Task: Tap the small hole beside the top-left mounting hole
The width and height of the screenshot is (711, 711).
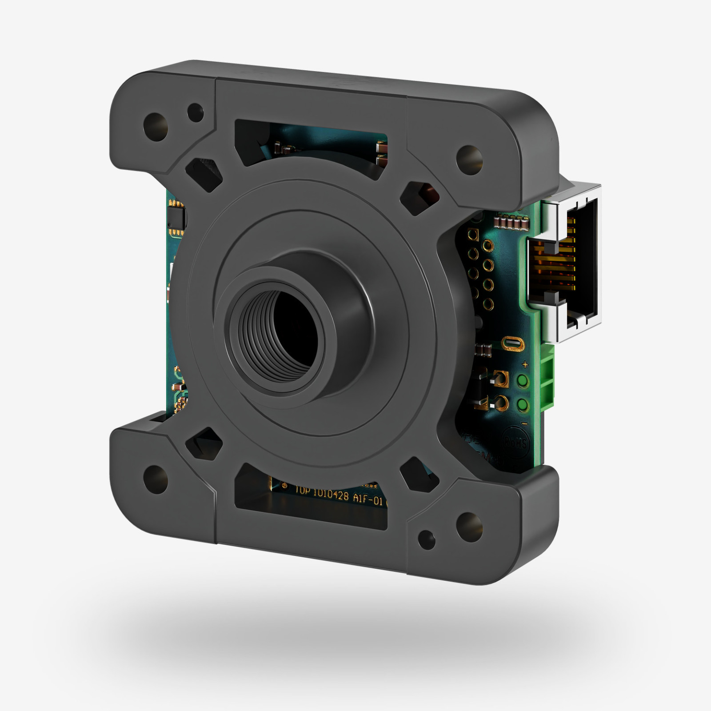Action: [x=195, y=112]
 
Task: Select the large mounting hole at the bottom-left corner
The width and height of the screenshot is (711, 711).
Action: [x=156, y=480]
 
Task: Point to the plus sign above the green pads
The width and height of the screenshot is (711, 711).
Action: [x=525, y=365]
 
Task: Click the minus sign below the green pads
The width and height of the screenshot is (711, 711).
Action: [x=524, y=423]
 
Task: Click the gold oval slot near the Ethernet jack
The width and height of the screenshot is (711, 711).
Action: [x=513, y=344]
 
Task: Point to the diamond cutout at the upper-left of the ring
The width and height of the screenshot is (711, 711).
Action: [x=203, y=174]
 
